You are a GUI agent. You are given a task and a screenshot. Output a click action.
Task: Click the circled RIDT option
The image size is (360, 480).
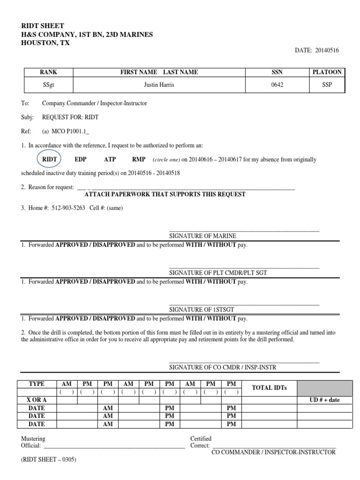tap(50, 159)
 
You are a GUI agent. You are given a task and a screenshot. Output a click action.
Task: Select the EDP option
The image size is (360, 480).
tap(81, 159)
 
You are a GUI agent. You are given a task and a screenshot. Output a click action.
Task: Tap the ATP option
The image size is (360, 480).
tap(110, 159)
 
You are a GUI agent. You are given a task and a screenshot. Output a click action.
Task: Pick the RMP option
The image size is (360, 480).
tap(139, 159)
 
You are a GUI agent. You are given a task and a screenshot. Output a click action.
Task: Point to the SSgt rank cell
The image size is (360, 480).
tap(48, 85)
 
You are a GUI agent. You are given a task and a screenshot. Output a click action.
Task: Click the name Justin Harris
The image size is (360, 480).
tap(159, 85)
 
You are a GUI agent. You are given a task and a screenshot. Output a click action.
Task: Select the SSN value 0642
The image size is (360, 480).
tap(277, 85)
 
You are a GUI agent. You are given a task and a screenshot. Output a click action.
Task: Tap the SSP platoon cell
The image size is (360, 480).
tap(327, 85)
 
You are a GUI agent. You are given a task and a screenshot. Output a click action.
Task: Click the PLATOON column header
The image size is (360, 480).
tap(327, 72)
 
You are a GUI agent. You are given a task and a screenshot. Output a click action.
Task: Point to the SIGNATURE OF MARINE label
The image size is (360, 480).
tap(202, 236)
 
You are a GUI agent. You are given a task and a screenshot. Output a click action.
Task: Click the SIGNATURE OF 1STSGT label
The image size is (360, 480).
tap(201, 309)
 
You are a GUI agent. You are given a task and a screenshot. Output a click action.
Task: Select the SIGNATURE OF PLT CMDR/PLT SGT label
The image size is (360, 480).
tap(218, 273)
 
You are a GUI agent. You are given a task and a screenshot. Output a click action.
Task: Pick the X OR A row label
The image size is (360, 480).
tap(37, 400)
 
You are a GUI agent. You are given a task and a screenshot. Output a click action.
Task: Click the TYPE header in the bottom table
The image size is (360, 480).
tap(37, 383)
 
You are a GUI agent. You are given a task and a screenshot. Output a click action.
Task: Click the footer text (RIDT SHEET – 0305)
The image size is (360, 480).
tap(49, 460)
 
